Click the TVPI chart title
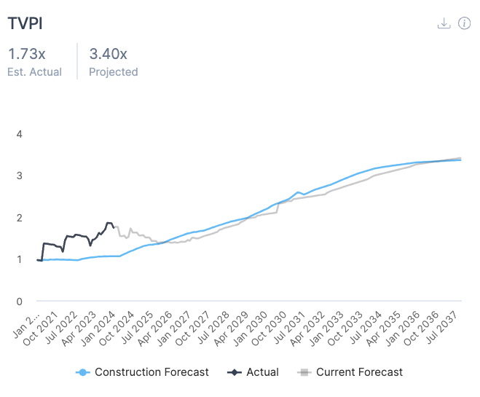25,23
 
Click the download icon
444,23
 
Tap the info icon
464,23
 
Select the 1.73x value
26,54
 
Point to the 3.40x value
108,54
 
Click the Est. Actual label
35,72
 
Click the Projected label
114,72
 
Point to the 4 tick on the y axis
20,134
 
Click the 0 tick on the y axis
20,301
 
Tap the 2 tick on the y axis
20,218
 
